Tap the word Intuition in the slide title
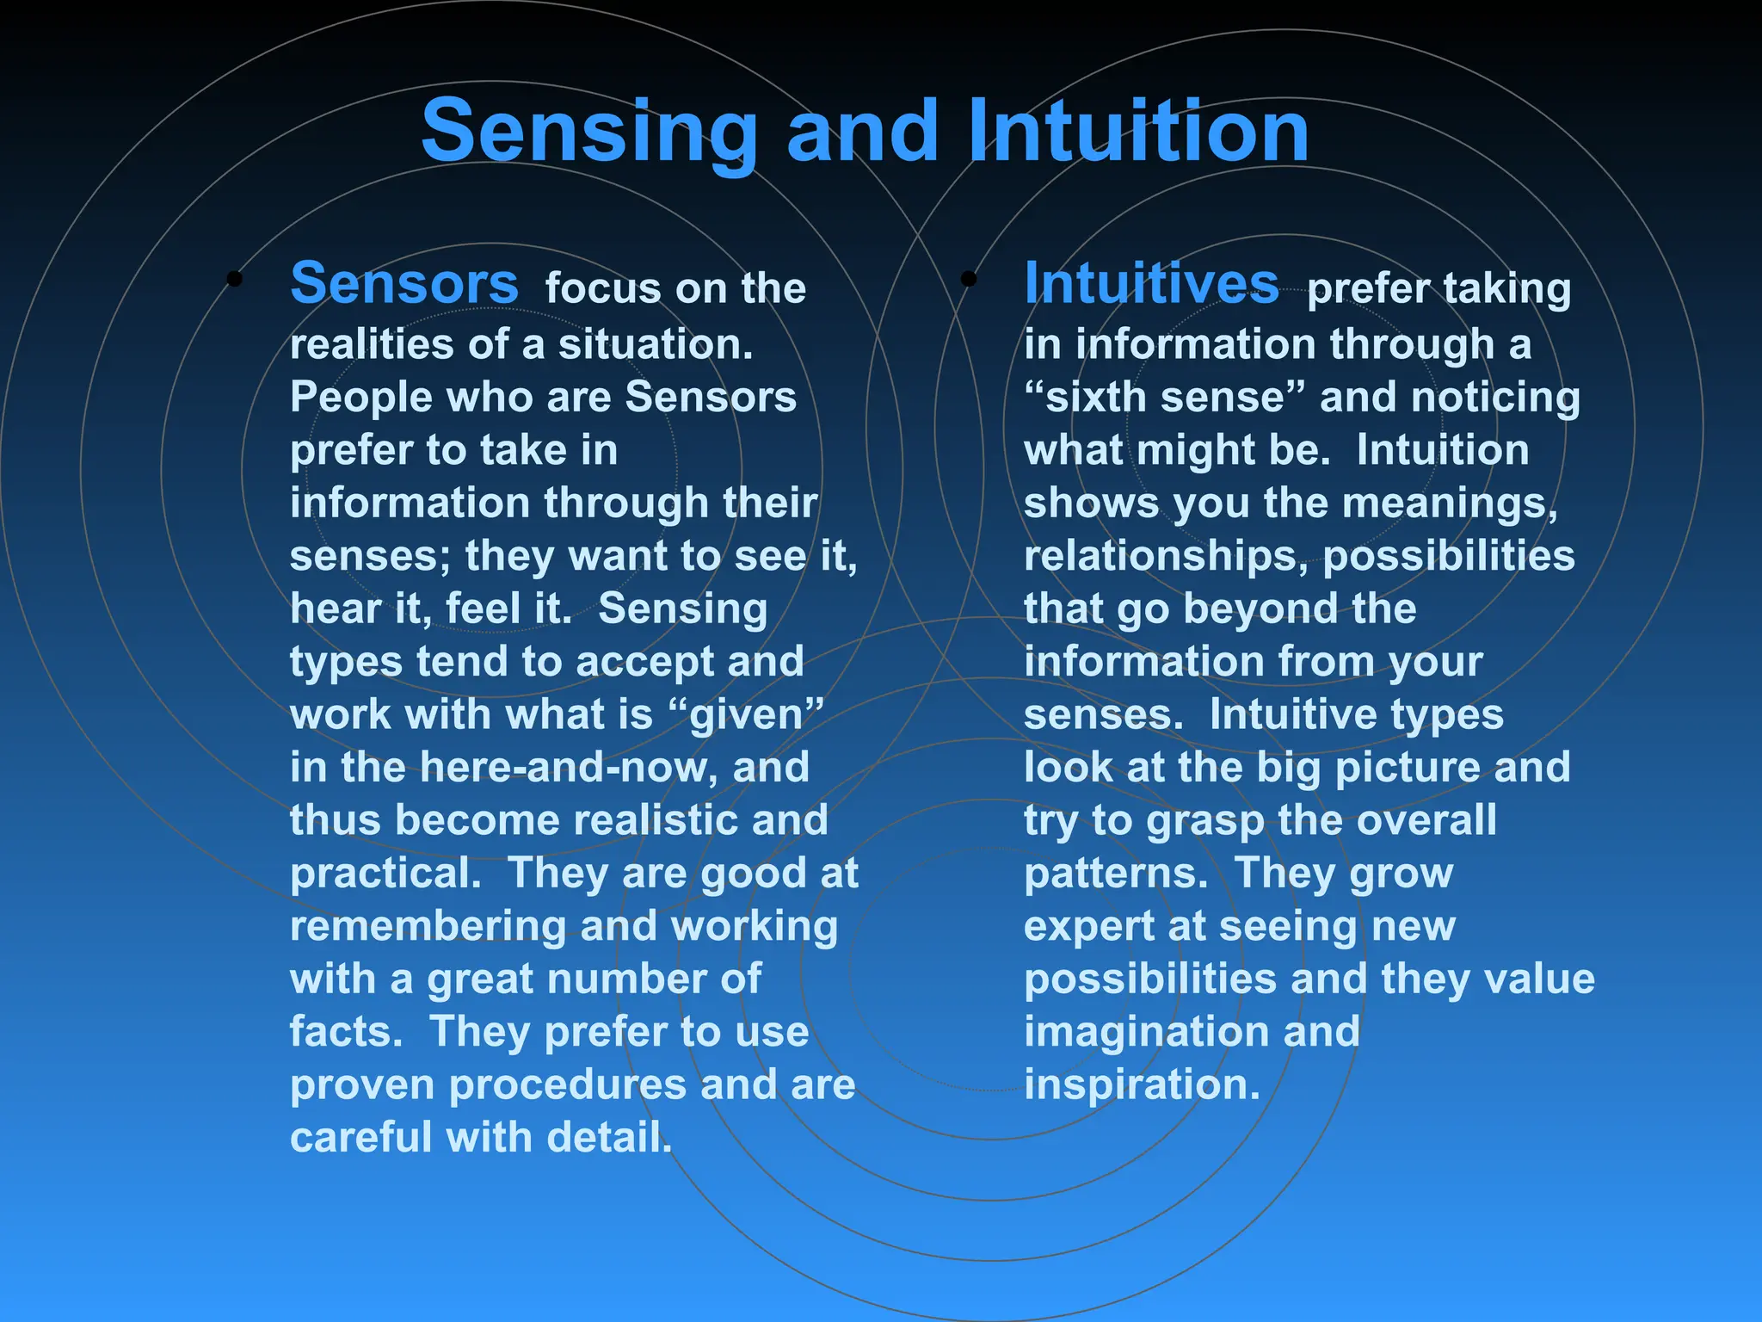1137,131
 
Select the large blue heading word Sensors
404,283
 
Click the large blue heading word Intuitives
1151,283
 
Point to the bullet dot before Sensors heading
234,279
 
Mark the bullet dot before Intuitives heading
969,279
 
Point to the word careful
360,1137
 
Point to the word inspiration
1142,1085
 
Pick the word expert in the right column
1087,926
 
